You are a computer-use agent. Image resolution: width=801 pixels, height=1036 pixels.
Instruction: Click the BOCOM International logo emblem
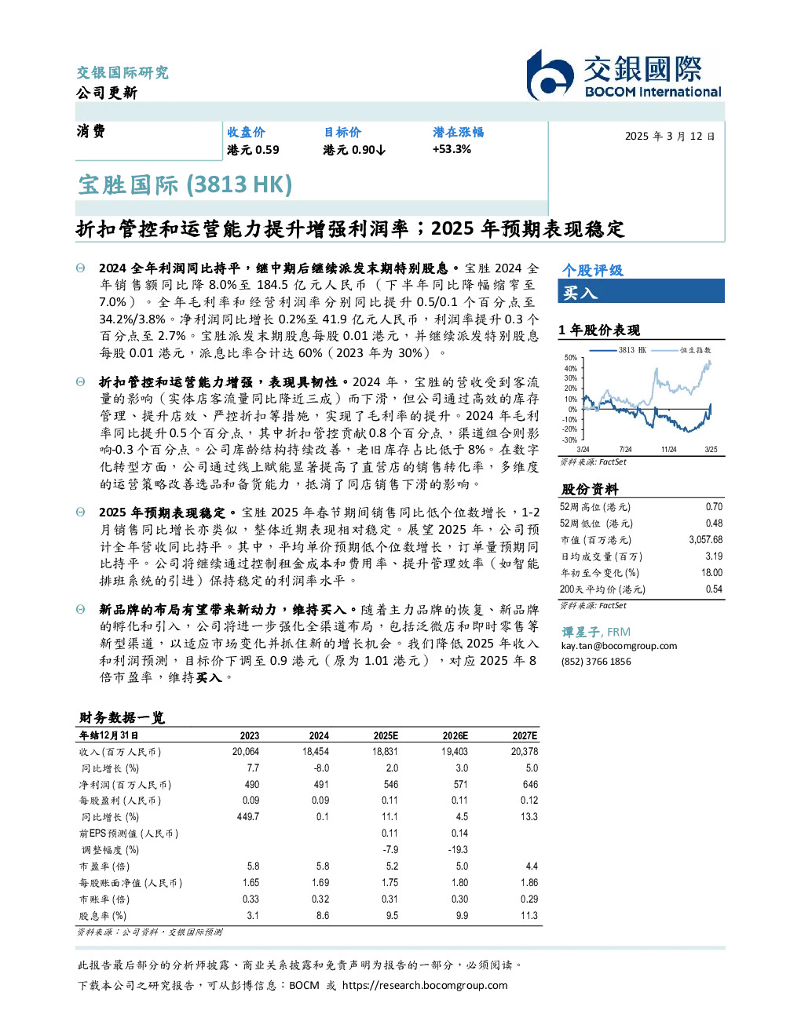tap(549, 75)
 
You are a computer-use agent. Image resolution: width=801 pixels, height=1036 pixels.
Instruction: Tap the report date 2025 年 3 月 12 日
tap(670, 137)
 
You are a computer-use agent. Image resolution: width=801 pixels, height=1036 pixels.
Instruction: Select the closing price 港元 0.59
tap(253, 150)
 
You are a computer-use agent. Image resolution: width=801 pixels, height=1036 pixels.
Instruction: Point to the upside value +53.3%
tap(452, 149)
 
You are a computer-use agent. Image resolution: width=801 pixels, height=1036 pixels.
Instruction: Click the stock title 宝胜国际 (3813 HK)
tap(185, 184)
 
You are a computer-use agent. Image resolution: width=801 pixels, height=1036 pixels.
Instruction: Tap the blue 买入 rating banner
tap(641, 291)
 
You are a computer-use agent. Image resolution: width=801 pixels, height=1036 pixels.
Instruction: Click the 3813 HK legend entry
tap(618, 350)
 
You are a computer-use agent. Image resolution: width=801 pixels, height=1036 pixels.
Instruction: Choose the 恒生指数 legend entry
tap(682, 350)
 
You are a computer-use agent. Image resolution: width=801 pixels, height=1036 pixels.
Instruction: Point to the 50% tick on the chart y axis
tap(571, 358)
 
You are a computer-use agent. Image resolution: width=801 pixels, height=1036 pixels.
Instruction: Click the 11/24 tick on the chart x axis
tap(668, 449)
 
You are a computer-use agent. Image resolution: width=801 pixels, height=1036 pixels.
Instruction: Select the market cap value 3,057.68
tap(705, 540)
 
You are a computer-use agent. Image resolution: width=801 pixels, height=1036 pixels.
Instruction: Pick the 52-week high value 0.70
tap(714, 506)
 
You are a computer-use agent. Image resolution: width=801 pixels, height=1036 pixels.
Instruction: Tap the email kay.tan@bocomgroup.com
tap(619, 646)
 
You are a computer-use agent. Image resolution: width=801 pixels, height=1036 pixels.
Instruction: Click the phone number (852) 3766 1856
tap(596, 662)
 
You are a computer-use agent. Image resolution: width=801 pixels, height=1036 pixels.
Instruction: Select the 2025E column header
tap(386, 735)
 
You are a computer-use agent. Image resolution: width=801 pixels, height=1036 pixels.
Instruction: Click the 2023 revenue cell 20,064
tap(246, 752)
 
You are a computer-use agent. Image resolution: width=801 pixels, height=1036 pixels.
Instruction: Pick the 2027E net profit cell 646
tap(530, 784)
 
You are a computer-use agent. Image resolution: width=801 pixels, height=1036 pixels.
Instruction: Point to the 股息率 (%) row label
tap(103, 916)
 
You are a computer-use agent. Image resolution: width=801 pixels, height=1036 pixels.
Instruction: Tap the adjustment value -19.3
tap(459, 849)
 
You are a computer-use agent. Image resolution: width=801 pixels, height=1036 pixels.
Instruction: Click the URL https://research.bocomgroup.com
tap(425, 986)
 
